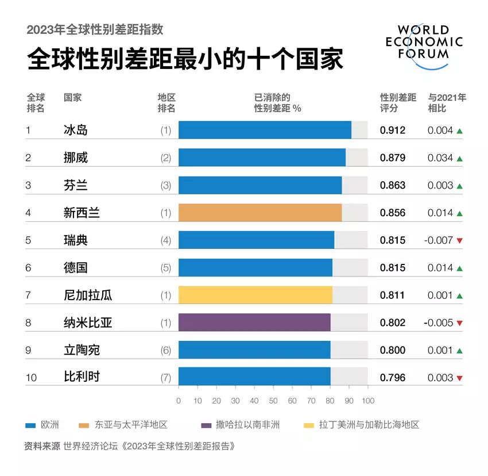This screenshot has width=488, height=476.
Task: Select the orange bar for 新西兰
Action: pyautogui.click(x=260, y=213)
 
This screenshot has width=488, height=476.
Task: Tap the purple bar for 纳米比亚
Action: pyautogui.click(x=254, y=323)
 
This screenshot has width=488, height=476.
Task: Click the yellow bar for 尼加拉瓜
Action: pyautogui.click(x=255, y=295)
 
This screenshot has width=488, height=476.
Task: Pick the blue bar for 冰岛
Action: pyautogui.click(x=265, y=130)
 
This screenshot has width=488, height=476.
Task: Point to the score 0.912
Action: pyautogui.click(x=393, y=130)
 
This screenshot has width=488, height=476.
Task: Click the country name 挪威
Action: pyautogui.click(x=76, y=158)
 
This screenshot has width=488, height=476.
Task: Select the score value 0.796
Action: pyautogui.click(x=393, y=378)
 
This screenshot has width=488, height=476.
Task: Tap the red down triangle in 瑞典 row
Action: pyautogui.click(x=459, y=240)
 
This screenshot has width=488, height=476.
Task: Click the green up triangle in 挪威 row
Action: pyautogui.click(x=459, y=158)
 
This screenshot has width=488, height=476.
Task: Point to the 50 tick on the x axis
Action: pyautogui.click(x=273, y=401)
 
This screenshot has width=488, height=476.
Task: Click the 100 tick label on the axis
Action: pyautogui.click(x=368, y=401)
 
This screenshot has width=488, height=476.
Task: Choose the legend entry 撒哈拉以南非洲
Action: pyautogui.click(x=247, y=425)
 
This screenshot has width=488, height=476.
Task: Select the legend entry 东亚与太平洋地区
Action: pyautogui.click(x=131, y=425)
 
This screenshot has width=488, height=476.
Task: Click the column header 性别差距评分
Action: pyautogui.click(x=398, y=102)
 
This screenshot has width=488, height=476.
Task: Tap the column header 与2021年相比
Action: pyautogui.click(x=447, y=102)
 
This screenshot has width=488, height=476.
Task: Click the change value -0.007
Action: pyautogui.click(x=439, y=240)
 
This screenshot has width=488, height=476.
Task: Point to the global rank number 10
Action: pyautogui.click(x=31, y=378)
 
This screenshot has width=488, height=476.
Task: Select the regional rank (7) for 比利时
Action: pyautogui.click(x=166, y=378)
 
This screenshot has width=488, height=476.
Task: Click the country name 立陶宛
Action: pyautogui.click(x=82, y=350)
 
